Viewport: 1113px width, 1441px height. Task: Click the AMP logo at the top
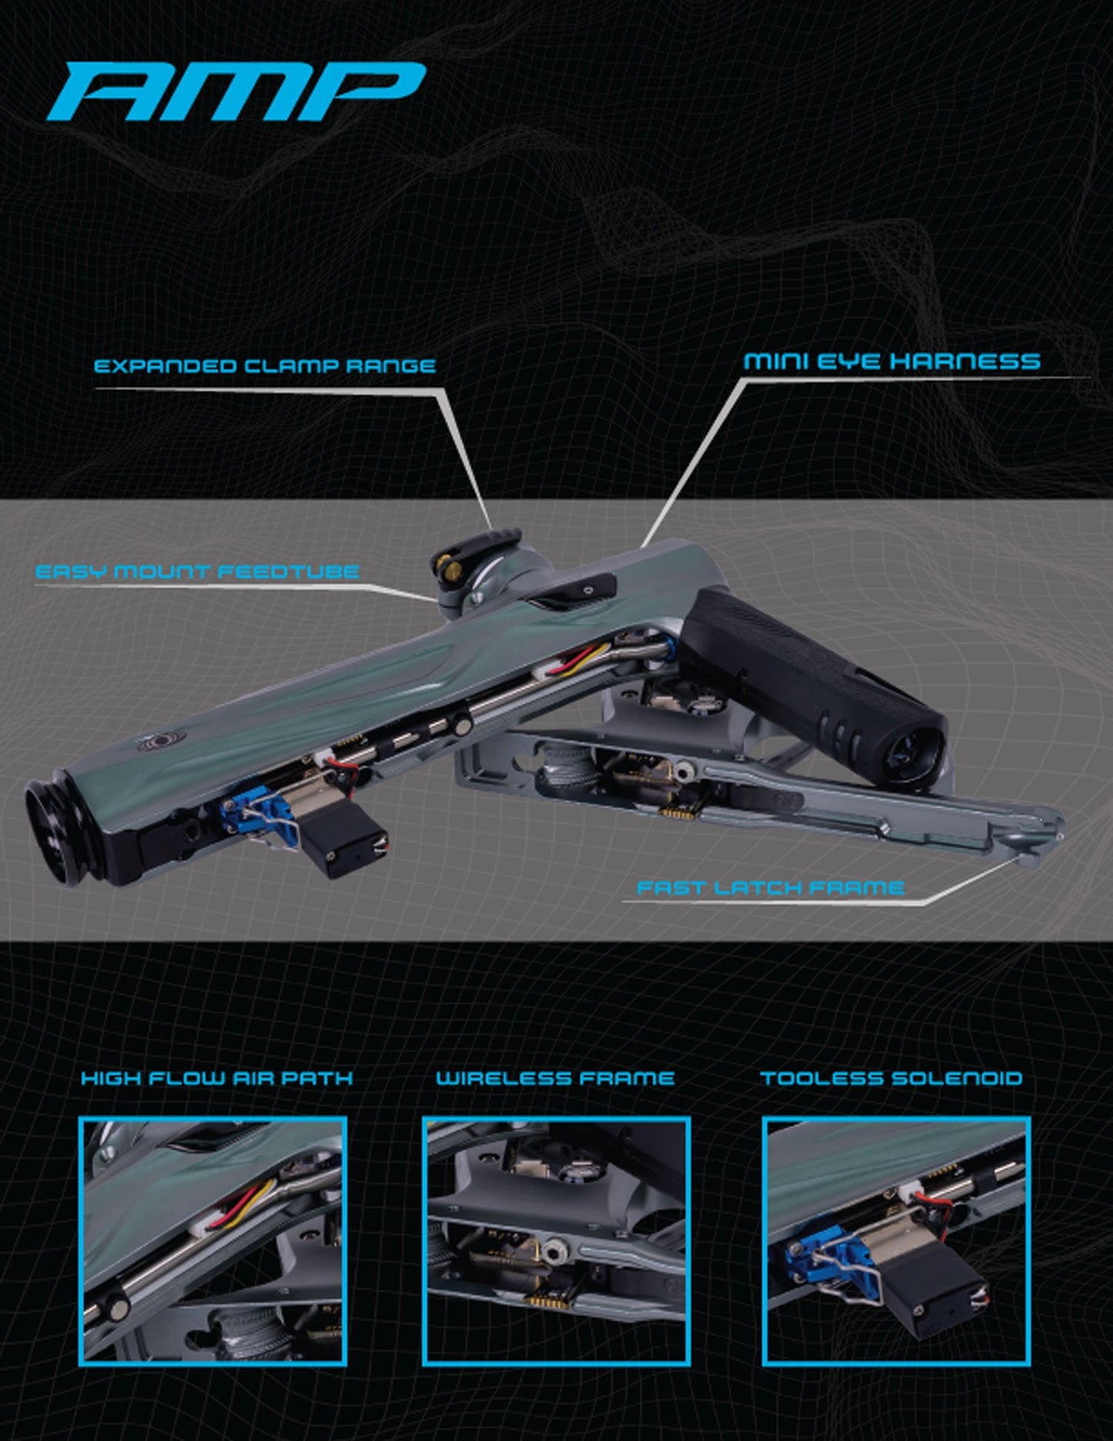click(237, 92)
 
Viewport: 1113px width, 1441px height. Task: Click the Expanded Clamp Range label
click(264, 365)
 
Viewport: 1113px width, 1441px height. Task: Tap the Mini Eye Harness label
click(891, 361)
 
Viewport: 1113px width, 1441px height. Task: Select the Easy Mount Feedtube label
click(197, 572)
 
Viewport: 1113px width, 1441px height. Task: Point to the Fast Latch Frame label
click(769, 888)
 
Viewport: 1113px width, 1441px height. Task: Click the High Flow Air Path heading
click(216, 1078)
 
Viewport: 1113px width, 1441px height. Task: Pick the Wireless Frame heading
click(555, 1078)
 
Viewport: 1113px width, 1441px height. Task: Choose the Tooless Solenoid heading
click(891, 1078)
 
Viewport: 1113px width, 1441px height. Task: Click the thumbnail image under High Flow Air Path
click(213, 1241)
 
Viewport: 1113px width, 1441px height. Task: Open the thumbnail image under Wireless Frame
click(555, 1241)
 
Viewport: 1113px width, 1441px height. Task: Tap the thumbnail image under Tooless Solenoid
click(896, 1241)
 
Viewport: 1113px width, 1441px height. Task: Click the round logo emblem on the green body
click(146, 744)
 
